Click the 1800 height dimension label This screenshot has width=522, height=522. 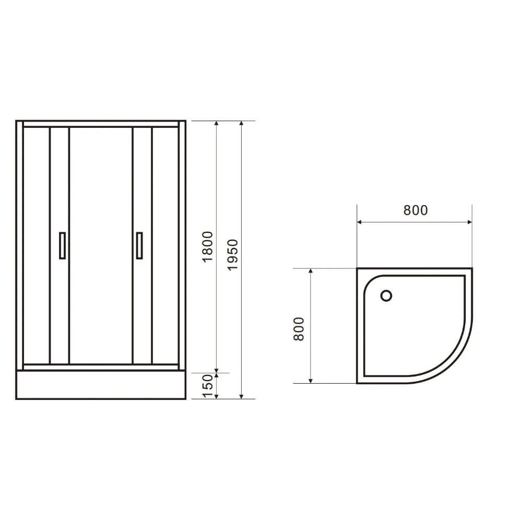[x=208, y=246]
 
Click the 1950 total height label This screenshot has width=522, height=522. [x=233, y=254]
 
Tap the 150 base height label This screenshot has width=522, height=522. [x=208, y=386]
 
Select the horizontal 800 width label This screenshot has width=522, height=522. [x=415, y=210]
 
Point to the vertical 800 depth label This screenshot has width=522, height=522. [x=299, y=329]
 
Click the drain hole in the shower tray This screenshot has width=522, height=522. [x=386, y=296]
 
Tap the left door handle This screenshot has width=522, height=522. [x=63, y=245]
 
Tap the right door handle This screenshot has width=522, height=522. [x=139, y=245]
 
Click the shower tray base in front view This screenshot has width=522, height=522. [x=101, y=385]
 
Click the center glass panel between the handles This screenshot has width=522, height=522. [x=101, y=245]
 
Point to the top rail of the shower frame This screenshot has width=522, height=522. [x=101, y=124]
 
